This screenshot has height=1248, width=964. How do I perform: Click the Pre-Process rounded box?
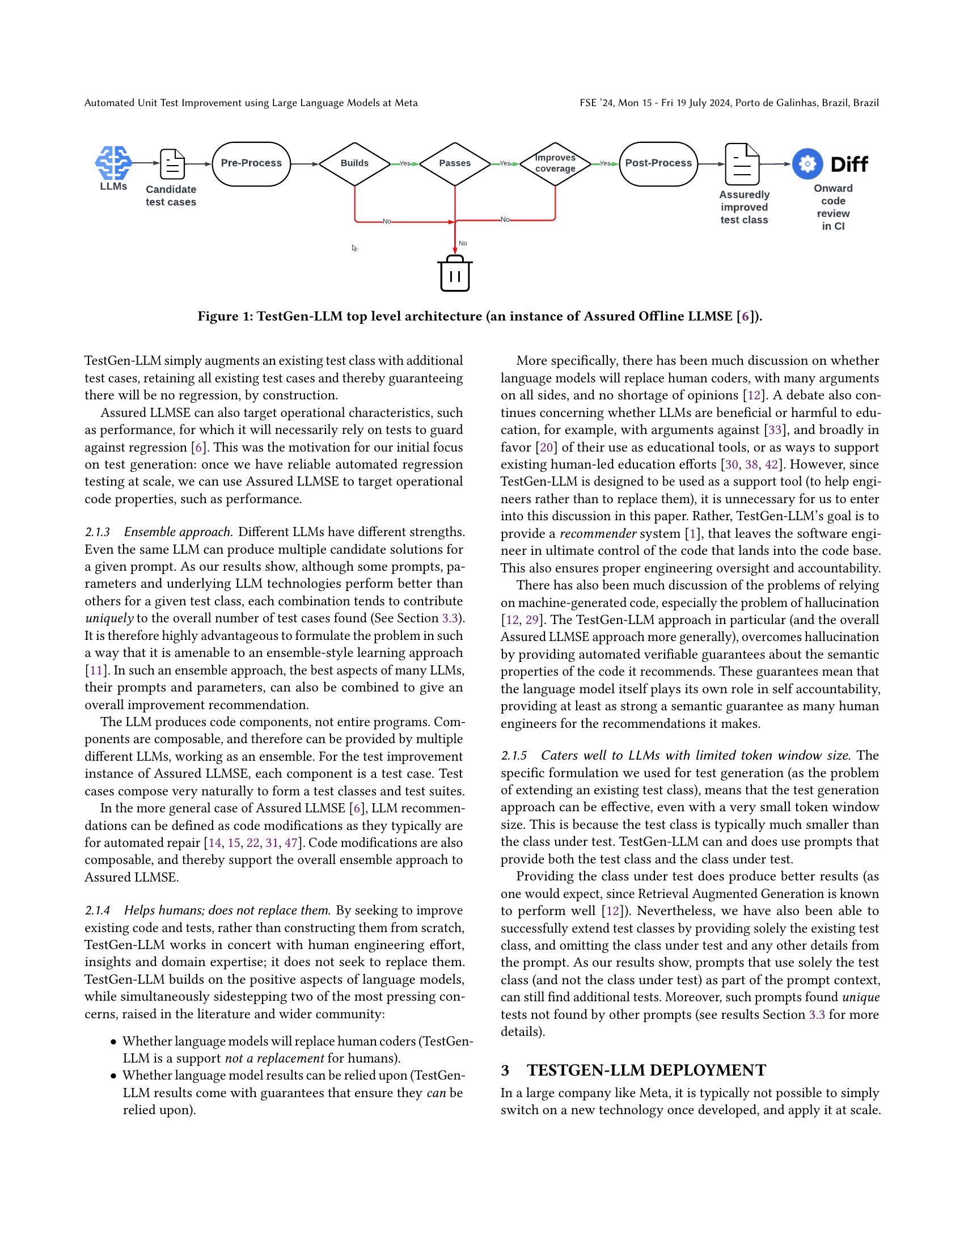(251, 163)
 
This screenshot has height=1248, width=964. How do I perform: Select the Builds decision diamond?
(354, 163)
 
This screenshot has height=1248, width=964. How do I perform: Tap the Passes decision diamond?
(455, 163)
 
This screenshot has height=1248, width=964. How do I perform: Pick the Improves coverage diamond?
(555, 163)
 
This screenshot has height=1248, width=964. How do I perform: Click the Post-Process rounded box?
(658, 163)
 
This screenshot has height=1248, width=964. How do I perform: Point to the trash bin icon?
(455, 274)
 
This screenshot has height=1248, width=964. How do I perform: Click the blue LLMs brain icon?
(113, 163)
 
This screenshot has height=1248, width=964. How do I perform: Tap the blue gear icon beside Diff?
(807, 164)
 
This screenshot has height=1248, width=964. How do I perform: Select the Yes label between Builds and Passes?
(404, 163)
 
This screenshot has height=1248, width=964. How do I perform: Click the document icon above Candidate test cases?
(172, 164)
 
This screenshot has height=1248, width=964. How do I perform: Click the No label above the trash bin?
(463, 243)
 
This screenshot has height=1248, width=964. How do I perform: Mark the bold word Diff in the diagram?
(849, 165)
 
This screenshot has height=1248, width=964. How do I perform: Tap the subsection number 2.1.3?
(97, 532)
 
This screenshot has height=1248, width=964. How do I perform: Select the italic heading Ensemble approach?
(178, 532)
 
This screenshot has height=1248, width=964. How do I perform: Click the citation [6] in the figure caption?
(744, 317)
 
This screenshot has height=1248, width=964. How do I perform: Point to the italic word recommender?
(597, 534)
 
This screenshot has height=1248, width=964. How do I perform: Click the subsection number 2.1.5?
(513, 756)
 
